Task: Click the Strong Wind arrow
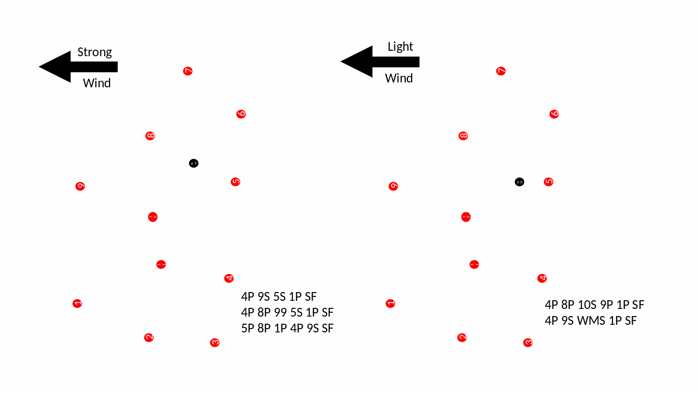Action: point(76,67)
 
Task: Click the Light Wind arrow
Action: point(378,62)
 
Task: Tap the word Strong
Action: point(94,52)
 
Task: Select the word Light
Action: point(400,47)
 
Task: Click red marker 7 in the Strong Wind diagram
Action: point(188,71)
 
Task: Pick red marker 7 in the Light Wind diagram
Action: point(501,71)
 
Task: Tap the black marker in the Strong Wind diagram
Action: point(194,163)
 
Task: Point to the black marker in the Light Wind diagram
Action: point(520,182)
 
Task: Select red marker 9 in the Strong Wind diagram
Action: point(80,186)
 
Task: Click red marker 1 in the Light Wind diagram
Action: point(390,303)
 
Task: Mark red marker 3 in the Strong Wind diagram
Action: point(215,343)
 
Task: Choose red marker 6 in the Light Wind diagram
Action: point(554,114)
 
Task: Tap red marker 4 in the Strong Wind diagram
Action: point(229,278)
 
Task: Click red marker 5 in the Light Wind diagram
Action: point(549,182)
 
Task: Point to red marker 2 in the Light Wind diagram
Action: point(462,337)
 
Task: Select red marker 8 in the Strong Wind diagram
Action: point(150,136)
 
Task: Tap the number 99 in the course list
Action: point(281,313)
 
